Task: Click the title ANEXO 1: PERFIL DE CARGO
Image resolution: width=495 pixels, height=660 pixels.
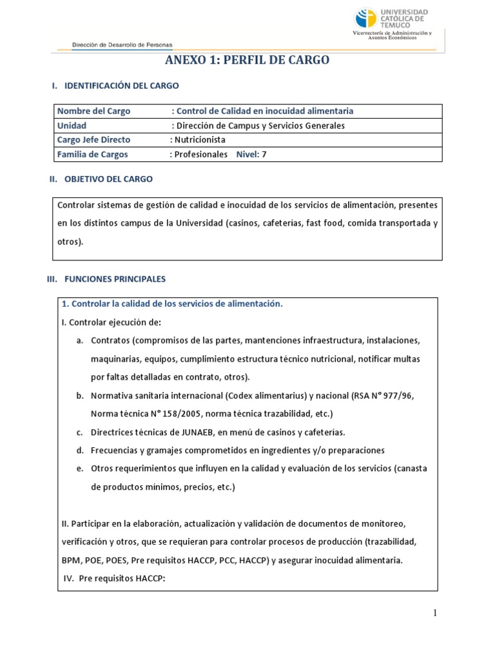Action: tap(247, 61)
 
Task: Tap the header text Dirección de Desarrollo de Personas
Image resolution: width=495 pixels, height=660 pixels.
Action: tap(122, 44)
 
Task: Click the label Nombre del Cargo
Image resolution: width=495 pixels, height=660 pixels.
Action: tap(94, 111)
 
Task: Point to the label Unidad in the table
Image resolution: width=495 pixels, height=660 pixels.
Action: tap(72, 126)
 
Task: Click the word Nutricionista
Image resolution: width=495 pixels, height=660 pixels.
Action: tap(200, 140)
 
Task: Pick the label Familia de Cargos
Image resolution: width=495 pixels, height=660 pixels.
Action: tap(93, 155)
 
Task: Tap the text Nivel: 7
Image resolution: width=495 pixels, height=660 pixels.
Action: tap(251, 155)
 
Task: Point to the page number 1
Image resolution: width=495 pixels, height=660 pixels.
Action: tap(435, 613)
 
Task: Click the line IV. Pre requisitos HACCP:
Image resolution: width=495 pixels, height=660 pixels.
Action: tap(114, 578)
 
